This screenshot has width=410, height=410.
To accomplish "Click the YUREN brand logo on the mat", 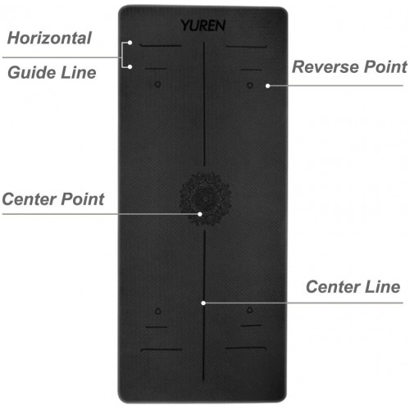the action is [203, 25].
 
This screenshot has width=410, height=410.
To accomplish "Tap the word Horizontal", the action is [49, 38].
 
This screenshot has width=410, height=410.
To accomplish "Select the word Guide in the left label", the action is [32, 72].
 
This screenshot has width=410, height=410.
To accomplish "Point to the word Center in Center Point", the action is [28, 198].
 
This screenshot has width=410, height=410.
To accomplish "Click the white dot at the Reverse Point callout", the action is [268, 86].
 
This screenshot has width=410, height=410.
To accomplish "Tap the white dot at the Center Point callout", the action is [200, 214].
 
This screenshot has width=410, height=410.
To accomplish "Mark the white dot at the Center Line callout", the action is [203, 303].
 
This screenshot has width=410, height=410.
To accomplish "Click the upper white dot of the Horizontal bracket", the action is [130, 43].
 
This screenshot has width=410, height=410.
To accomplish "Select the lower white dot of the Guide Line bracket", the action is [130, 66].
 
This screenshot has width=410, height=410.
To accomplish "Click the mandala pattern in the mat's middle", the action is [205, 198].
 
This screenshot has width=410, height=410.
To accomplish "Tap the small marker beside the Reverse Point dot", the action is [250, 85].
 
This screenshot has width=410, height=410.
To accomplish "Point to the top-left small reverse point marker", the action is [157, 84].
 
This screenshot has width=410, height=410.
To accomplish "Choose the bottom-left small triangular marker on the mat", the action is [157, 311].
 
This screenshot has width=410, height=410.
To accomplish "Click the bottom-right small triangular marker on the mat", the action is [250, 310].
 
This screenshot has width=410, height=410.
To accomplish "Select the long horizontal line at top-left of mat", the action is [161, 45].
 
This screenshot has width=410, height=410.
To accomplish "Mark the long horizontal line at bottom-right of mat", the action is [246, 348].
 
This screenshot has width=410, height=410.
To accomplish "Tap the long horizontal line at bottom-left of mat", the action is [162, 349].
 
